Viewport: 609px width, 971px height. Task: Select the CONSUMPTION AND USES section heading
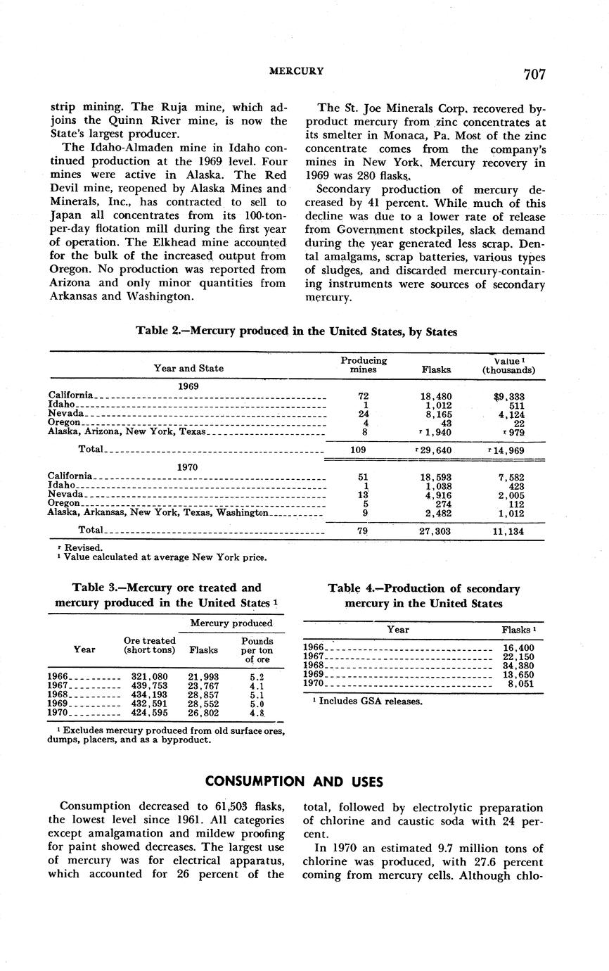pyautogui.click(x=294, y=781)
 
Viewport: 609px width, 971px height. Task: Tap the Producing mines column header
pyautogui.click(x=364, y=364)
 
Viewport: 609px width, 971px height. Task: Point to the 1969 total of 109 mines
pyautogui.click(x=364, y=450)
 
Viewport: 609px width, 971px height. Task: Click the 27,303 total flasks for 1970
pyautogui.click(x=435, y=532)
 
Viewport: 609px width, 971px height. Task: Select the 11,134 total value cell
pyautogui.click(x=508, y=532)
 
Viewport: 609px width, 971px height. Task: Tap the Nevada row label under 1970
pyautogui.click(x=65, y=495)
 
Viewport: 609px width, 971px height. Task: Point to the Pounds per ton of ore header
pyautogui.click(x=257, y=650)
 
